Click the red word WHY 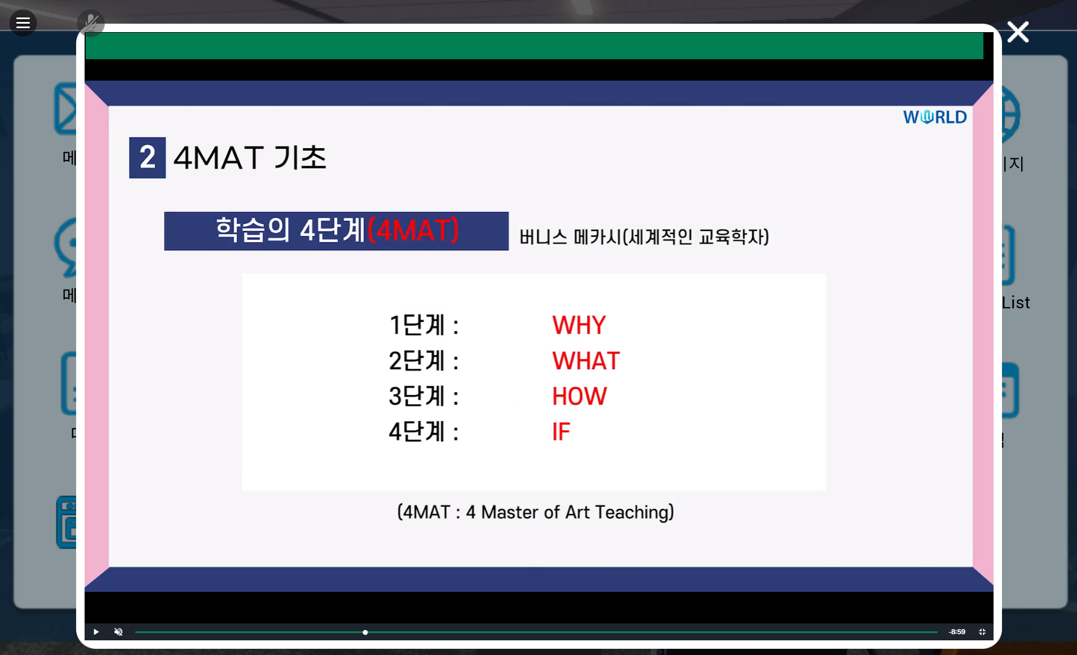pyautogui.click(x=579, y=325)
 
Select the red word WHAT pyautogui.click(x=586, y=361)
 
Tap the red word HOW pyautogui.click(x=579, y=396)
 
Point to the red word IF pyautogui.click(x=561, y=432)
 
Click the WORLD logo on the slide pyautogui.click(x=935, y=117)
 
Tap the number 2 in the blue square pyautogui.click(x=147, y=157)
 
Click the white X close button pyautogui.click(x=1018, y=32)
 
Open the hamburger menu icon pyautogui.click(x=23, y=23)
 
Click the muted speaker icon pyautogui.click(x=118, y=632)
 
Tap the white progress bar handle pyautogui.click(x=365, y=632)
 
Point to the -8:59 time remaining pyautogui.click(x=957, y=632)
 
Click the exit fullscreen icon pyautogui.click(x=982, y=632)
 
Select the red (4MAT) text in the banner pyautogui.click(x=413, y=231)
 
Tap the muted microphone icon pyautogui.click(x=91, y=23)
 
